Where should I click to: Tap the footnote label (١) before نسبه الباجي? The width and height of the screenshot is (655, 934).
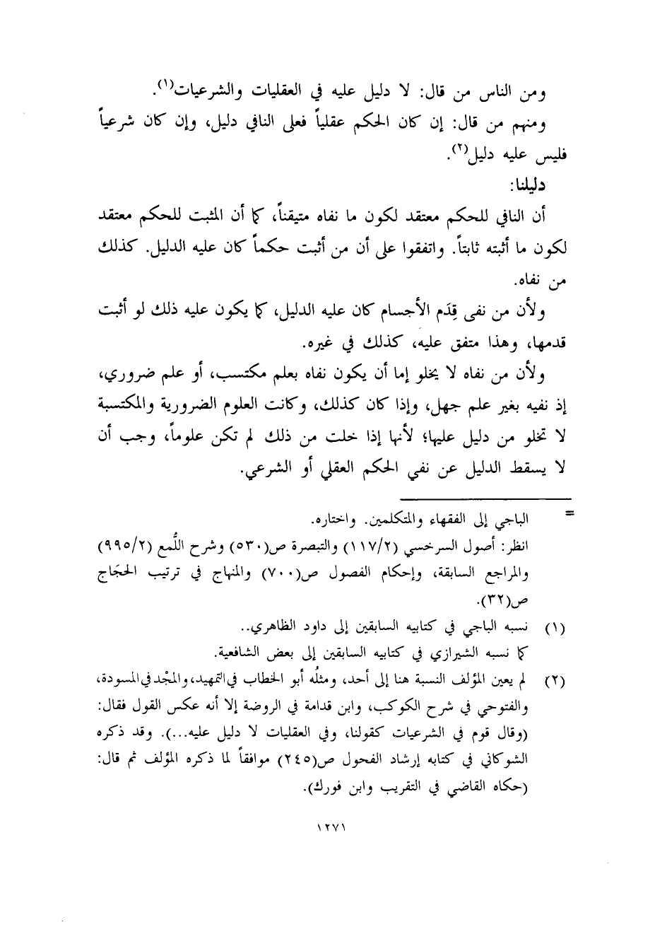560,626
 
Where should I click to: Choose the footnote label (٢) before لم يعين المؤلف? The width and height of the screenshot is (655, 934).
560,682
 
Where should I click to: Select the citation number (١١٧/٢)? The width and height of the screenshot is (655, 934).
373,549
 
